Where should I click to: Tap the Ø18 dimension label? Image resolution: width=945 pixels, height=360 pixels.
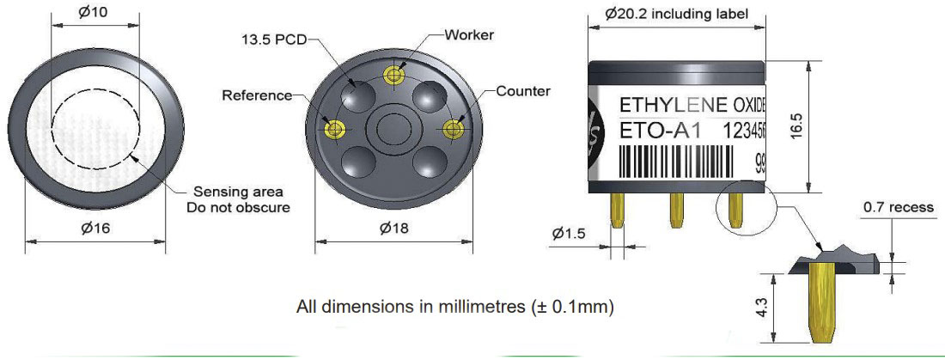[x=394, y=229]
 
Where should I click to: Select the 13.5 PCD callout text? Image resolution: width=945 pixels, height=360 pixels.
[x=274, y=40]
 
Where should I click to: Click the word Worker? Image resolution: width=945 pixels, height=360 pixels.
[x=469, y=34]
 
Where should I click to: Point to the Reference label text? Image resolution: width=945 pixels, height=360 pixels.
[x=257, y=95]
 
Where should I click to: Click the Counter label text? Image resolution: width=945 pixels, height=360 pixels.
[x=523, y=92]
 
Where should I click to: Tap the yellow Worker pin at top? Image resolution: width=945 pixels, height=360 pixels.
[x=394, y=75]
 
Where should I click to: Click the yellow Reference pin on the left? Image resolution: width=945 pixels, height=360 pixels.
[x=333, y=128]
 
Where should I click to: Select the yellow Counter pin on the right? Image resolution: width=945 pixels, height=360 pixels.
[x=452, y=128]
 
